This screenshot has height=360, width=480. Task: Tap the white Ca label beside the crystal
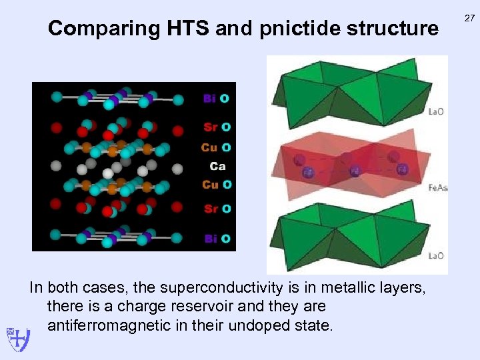click(217, 166)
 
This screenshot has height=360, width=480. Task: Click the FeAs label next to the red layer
click(437, 188)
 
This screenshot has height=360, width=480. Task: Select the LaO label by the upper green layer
click(436, 111)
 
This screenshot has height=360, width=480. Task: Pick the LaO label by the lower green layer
click(436, 255)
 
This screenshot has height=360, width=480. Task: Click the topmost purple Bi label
click(209, 98)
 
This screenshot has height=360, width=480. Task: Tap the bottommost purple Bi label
click(209, 238)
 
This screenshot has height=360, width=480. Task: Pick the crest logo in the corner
click(17, 339)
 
